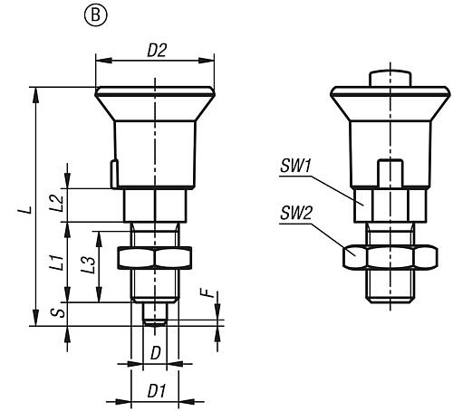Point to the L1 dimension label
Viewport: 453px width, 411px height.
(56, 263)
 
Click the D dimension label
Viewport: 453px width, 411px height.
(155, 350)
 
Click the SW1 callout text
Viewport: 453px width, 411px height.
(294, 166)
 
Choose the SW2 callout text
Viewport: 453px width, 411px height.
(294, 215)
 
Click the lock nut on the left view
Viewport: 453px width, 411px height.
(155, 259)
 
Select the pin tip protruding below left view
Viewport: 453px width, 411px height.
(156, 313)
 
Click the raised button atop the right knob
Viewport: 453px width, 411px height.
(390, 78)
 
